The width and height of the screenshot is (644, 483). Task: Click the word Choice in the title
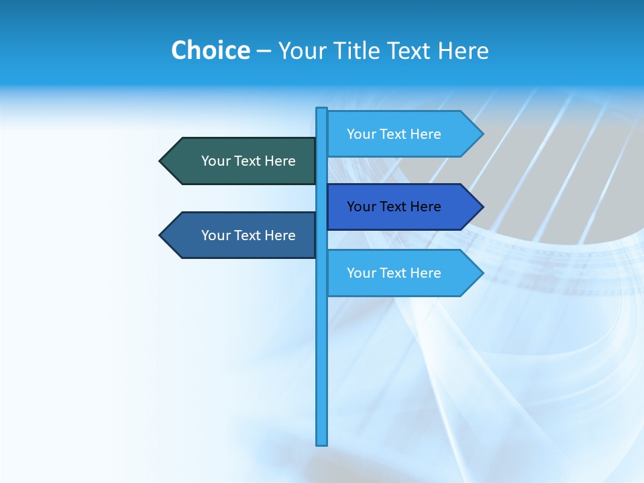pyautogui.click(x=210, y=50)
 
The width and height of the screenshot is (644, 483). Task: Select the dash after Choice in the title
pyautogui.click(x=264, y=51)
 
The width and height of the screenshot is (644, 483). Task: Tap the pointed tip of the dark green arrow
pyautogui.click(x=161, y=161)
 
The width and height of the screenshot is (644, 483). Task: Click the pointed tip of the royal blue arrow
pyautogui.click(x=482, y=207)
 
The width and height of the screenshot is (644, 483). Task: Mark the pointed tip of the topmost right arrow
pyautogui.click(x=482, y=134)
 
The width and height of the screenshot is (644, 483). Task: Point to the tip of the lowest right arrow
pyautogui.click(x=482, y=273)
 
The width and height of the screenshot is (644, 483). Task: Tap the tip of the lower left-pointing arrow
pyautogui.click(x=161, y=235)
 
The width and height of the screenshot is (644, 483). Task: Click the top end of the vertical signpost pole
pyautogui.click(x=322, y=109)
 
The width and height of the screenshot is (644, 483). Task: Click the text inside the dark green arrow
pyautogui.click(x=248, y=161)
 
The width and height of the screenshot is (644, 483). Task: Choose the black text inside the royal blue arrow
pyautogui.click(x=394, y=207)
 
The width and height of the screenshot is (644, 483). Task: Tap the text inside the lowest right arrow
pyautogui.click(x=394, y=273)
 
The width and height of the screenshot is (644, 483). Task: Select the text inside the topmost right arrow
pyautogui.click(x=394, y=134)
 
